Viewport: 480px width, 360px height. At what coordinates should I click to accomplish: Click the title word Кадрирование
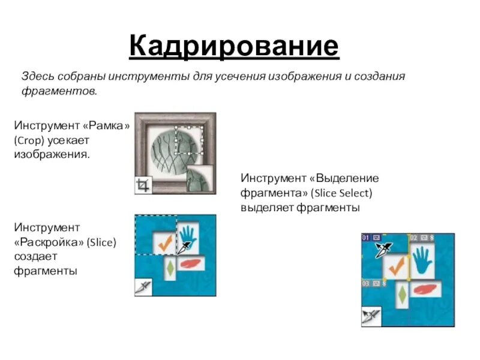(x=234, y=46)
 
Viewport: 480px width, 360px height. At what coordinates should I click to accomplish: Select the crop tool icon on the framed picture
(x=143, y=185)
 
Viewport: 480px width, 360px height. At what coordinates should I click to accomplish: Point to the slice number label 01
(x=366, y=238)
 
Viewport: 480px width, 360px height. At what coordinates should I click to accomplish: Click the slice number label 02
(x=414, y=238)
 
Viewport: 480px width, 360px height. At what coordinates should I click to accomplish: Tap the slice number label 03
(x=366, y=283)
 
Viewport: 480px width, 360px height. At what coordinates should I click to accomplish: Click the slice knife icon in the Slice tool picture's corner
(x=143, y=287)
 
